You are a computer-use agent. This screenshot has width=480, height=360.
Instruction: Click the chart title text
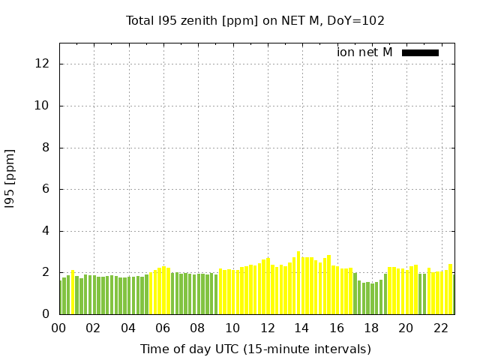point(255,20)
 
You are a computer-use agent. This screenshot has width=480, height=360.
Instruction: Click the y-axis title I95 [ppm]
point(10,178)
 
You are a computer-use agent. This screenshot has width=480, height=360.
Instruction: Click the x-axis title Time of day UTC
point(255,349)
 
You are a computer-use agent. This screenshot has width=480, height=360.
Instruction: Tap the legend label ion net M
point(364,52)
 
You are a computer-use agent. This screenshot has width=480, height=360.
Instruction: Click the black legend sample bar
point(420,52)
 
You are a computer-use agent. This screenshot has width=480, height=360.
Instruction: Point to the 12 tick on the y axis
point(43,64)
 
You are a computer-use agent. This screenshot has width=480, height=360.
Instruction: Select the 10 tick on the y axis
point(43,106)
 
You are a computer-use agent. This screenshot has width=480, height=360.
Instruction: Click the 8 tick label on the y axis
point(46,148)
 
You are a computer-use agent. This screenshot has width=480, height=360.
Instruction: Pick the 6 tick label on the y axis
point(46,190)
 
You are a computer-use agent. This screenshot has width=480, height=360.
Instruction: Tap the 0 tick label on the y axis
point(46,314)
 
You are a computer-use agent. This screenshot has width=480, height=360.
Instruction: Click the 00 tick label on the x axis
point(58,328)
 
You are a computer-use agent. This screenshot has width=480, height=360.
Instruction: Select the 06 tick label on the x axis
point(163,328)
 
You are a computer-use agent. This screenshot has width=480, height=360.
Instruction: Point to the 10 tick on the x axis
point(232,328)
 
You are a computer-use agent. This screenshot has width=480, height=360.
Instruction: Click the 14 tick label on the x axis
point(301,328)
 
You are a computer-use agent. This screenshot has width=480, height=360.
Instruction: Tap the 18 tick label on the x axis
point(371,328)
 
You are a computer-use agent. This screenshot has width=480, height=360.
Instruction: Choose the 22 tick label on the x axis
point(441,328)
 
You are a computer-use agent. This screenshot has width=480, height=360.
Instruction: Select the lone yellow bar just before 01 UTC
point(73,292)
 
